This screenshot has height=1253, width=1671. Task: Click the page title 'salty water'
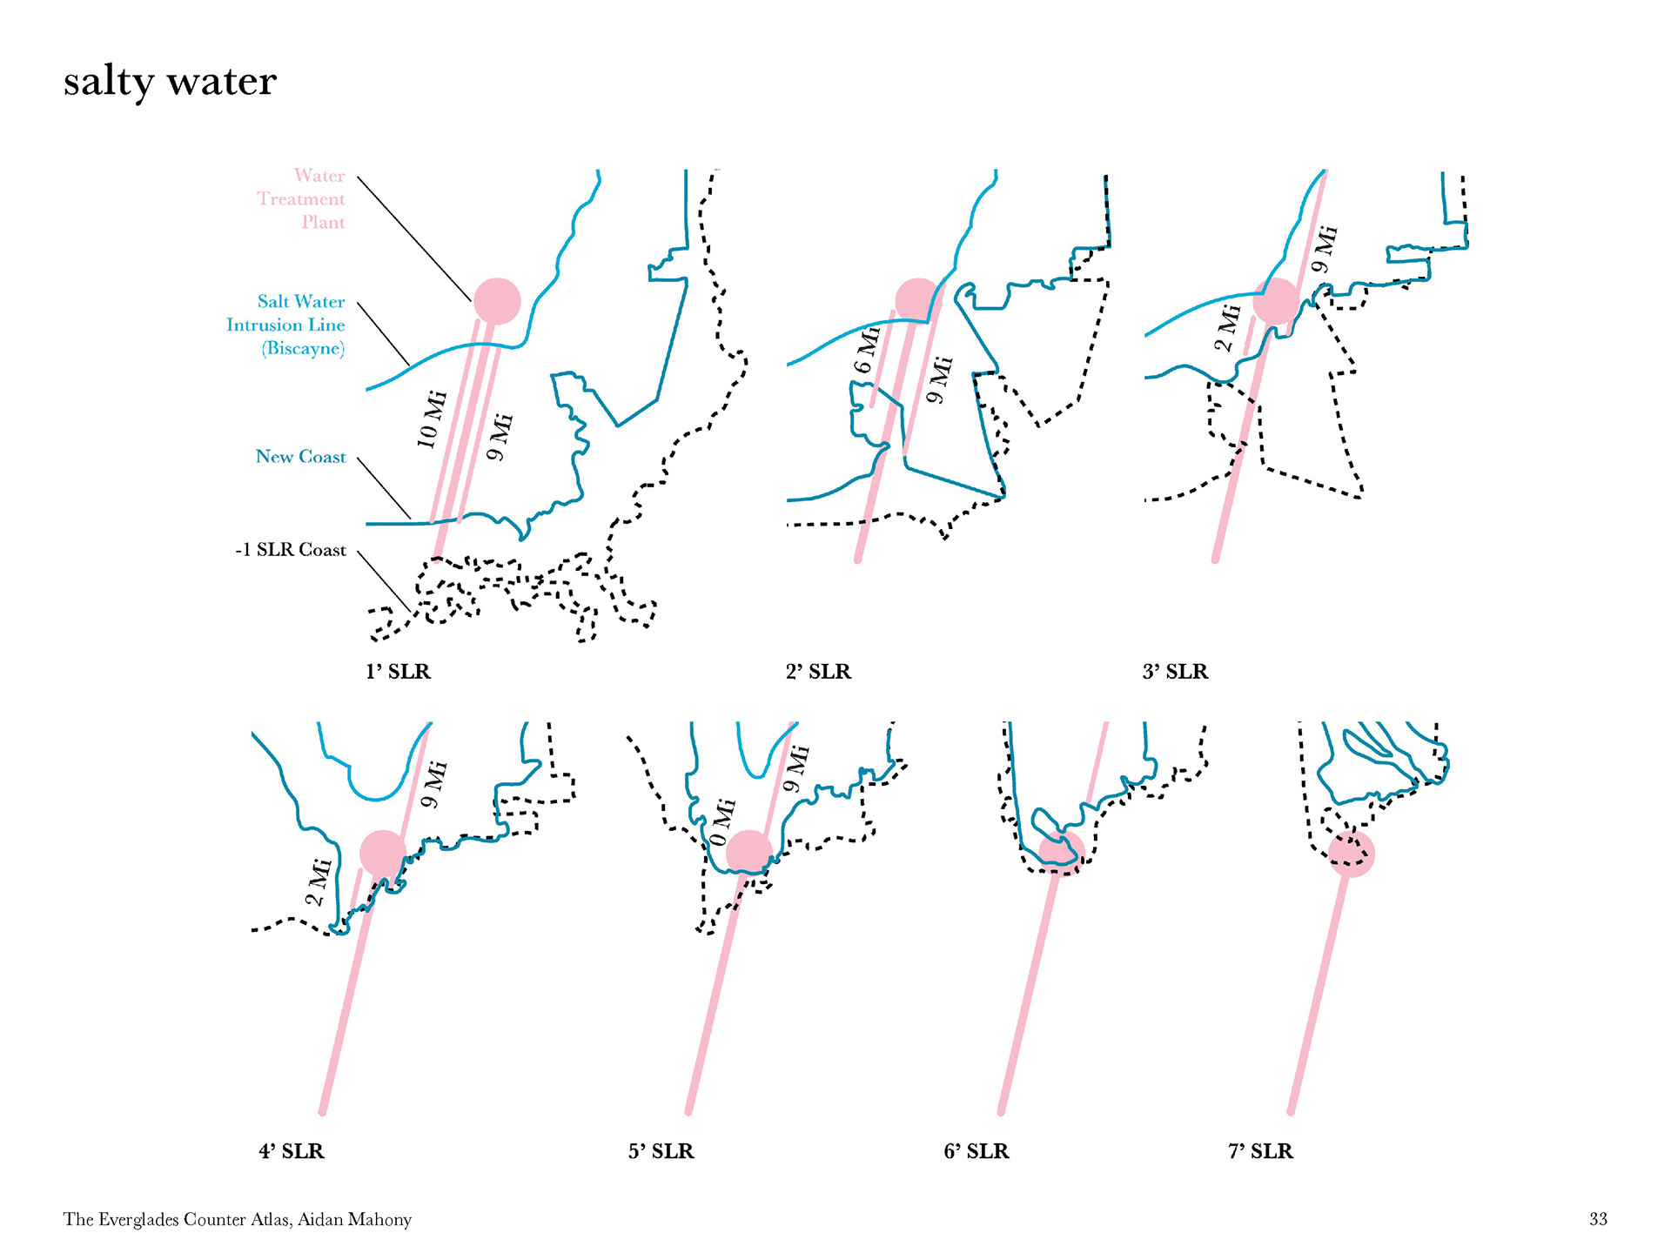coord(170,82)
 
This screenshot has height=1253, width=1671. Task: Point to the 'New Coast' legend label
coord(300,457)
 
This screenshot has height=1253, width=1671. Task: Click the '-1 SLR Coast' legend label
coord(291,550)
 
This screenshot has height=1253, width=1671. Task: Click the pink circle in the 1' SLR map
coord(497,301)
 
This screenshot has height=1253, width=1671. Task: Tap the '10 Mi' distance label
coord(432,419)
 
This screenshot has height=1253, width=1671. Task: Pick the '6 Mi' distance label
coord(868,350)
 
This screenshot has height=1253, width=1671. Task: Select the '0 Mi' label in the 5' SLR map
coord(722,822)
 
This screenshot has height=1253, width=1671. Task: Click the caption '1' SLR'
coord(398,672)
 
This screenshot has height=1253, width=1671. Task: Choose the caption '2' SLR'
coord(818,672)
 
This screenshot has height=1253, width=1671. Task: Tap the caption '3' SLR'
coord(1175,672)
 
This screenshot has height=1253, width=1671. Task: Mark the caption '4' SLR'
coord(291,1151)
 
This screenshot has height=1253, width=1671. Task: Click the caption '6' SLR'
coord(976,1151)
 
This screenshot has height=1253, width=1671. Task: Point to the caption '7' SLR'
coord(1260,1151)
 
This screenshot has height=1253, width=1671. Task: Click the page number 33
coord(1598,1219)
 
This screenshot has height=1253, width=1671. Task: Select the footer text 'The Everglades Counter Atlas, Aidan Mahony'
coord(238,1219)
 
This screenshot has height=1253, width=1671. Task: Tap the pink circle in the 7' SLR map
coord(1351,854)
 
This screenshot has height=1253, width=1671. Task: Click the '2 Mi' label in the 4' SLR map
coord(319,882)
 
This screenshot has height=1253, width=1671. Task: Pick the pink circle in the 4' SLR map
coord(383,854)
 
